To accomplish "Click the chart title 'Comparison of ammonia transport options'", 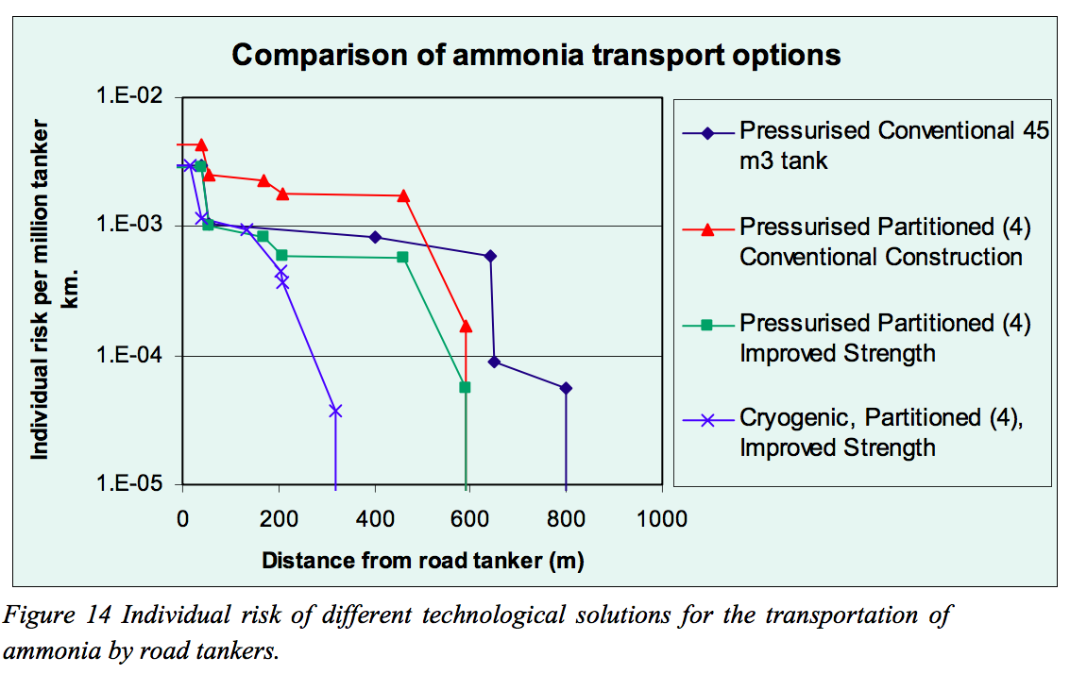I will point(535,55).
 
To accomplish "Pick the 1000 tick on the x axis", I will point(662,518).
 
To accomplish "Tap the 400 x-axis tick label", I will point(374,518).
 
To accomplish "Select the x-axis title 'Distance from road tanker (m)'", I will point(422,560).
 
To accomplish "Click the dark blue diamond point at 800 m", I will point(566,388).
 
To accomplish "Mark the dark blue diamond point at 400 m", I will point(375,237).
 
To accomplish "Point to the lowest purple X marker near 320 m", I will point(334,411).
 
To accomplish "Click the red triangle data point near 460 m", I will point(403,196).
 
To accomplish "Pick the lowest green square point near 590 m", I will point(465,387).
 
